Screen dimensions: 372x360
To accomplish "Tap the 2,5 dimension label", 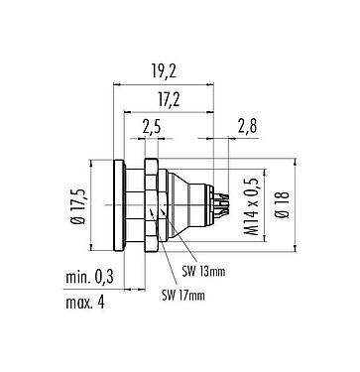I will pyautogui.click(x=152, y=128).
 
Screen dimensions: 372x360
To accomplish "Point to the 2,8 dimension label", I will pyautogui.click(x=248, y=128).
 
